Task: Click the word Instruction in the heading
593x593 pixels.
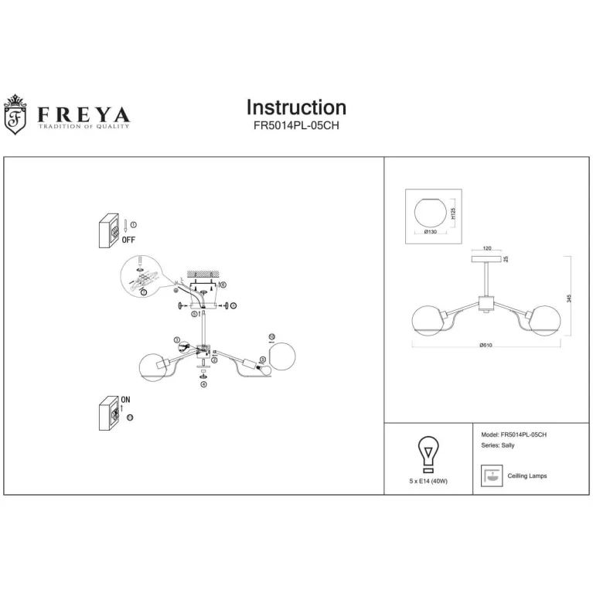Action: click(296, 107)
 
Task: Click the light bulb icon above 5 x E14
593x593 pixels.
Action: click(427, 455)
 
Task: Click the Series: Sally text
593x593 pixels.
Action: click(498, 447)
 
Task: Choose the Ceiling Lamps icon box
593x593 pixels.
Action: click(489, 475)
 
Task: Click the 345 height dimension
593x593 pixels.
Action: click(568, 298)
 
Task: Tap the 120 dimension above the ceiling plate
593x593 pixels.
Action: click(487, 249)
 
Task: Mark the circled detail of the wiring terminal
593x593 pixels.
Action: click(144, 278)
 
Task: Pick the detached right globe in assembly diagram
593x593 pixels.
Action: click(282, 353)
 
